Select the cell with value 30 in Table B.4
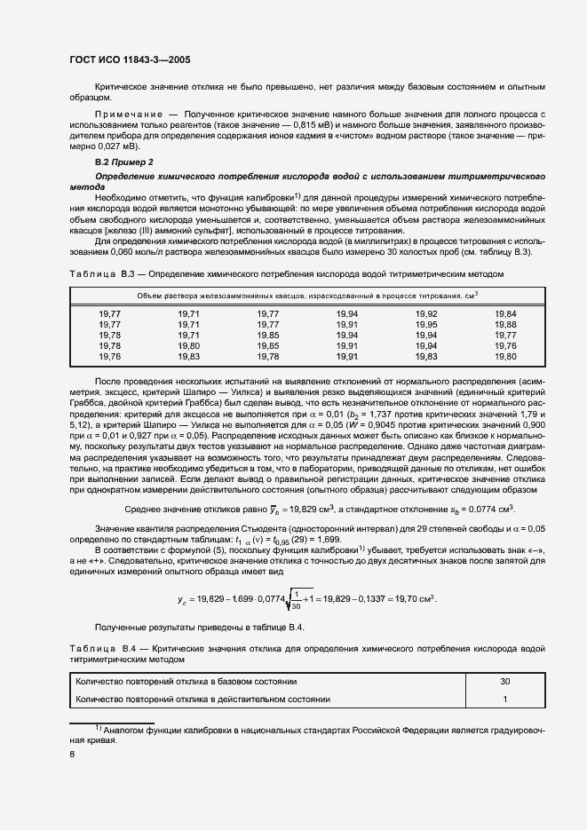pyautogui.click(x=505, y=681)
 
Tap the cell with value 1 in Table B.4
pyautogui.click(x=505, y=700)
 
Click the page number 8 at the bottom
pyautogui.click(x=72, y=754)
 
